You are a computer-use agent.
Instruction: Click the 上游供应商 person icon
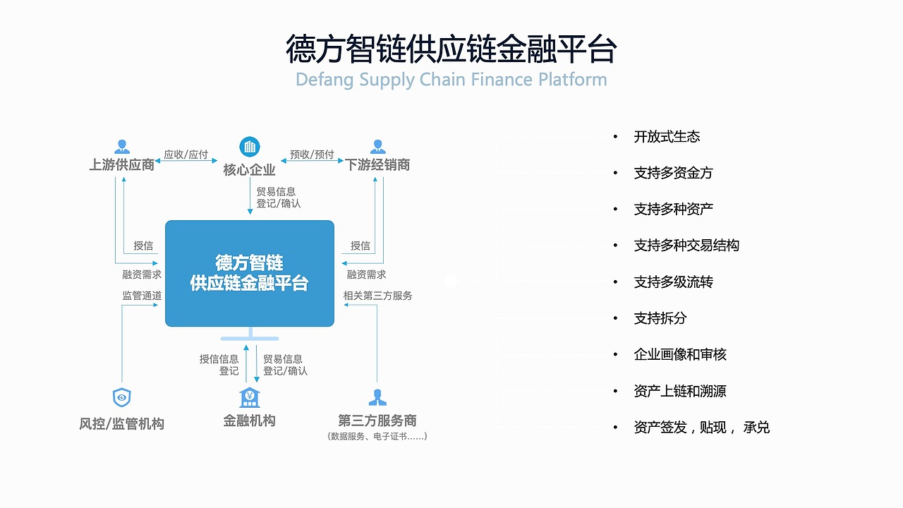click(122, 147)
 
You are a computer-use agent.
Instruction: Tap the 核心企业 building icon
click(249, 147)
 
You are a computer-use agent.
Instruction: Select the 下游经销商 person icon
click(377, 147)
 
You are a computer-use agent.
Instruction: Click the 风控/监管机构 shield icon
click(122, 398)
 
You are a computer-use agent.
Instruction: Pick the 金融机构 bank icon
click(249, 397)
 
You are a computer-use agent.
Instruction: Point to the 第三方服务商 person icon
click(377, 397)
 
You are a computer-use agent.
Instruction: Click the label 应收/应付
click(186, 155)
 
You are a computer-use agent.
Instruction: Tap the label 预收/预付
click(312, 155)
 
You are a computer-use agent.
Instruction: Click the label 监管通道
click(142, 296)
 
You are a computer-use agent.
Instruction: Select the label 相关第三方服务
click(378, 296)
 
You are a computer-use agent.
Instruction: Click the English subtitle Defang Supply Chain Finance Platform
click(451, 79)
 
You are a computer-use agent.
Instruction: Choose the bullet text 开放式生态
click(667, 137)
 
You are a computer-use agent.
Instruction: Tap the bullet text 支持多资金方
click(673, 173)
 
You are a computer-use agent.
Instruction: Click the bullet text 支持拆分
click(660, 318)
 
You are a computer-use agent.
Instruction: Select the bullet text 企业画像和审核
click(680, 355)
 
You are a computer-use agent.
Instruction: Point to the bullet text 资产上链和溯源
click(680, 391)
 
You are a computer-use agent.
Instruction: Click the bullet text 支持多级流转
click(673, 282)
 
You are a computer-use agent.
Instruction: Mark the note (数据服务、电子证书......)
click(377, 436)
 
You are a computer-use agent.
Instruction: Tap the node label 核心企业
click(249, 170)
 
